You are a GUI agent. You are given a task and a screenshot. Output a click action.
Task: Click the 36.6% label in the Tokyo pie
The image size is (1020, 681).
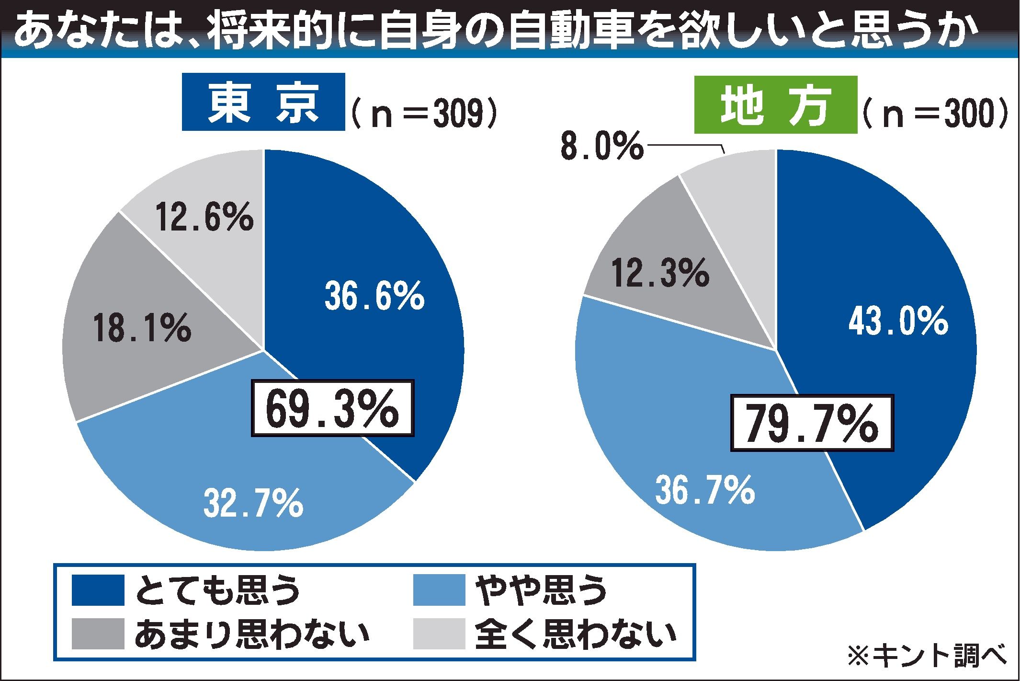pyautogui.click(x=374, y=296)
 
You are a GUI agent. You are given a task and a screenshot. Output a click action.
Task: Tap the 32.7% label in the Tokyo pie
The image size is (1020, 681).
pyautogui.click(x=253, y=502)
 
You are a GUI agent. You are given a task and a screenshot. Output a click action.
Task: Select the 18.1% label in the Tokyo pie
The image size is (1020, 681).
pyautogui.click(x=142, y=327)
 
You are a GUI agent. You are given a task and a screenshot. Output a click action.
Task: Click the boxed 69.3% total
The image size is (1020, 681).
pyautogui.click(x=332, y=408)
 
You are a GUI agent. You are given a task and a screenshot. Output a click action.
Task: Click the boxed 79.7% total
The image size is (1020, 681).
pyautogui.click(x=812, y=423)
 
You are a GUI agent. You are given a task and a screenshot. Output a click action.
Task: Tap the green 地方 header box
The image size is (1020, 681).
pyautogui.click(x=776, y=104)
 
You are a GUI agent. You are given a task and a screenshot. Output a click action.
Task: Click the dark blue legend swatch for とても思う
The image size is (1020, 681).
pyautogui.click(x=98, y=590)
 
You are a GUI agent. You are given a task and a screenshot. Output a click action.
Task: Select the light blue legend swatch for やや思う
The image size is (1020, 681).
pyautogui.click(x=439, y=590)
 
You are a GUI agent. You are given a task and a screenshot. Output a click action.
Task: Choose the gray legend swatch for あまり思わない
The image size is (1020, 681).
pyautogui.click(x=98, y=633)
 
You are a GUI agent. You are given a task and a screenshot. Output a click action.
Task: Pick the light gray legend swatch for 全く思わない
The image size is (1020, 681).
pyautogui.click(x=439, y=633)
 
